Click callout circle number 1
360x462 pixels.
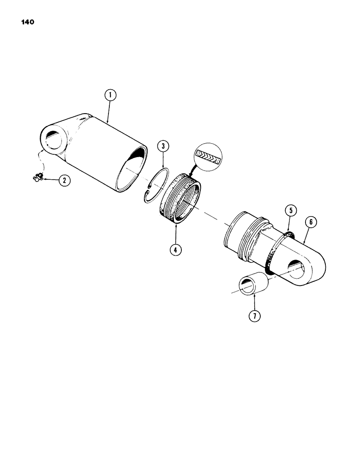click(x=110, y=97)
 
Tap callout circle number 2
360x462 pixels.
click(x=64, y=181)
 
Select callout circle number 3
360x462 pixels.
click(x=162, y=147)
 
